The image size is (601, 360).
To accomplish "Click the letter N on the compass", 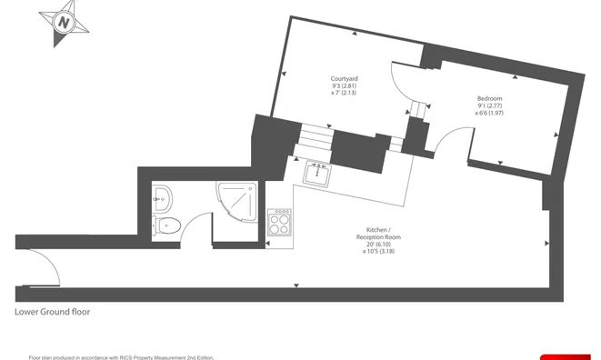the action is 64,23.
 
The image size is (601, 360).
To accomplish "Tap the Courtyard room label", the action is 345,79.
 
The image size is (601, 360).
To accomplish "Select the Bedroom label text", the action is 489,98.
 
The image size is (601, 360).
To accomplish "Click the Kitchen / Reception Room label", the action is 378,234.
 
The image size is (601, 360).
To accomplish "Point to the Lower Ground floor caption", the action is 52,312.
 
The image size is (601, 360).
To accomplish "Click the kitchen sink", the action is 317,174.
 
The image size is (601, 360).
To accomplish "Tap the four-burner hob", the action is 279,223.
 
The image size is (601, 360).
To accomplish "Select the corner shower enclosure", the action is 237,201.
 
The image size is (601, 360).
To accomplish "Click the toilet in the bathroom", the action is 166,226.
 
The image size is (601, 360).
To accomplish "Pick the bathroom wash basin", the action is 162,199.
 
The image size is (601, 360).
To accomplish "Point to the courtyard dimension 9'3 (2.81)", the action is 345,85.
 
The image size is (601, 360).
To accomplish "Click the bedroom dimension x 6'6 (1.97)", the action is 489,113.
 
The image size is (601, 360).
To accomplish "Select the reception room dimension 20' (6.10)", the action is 378,245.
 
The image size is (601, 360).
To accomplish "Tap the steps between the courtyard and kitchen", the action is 316,136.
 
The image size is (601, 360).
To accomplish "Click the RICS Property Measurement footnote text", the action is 121,357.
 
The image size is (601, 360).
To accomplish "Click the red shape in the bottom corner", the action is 566,357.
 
